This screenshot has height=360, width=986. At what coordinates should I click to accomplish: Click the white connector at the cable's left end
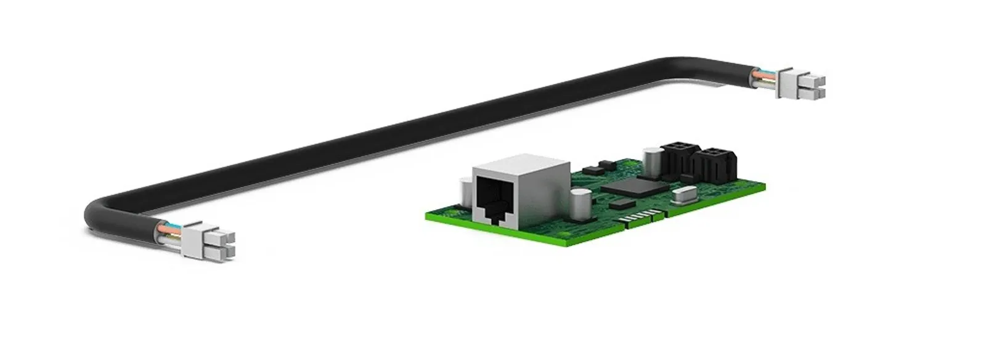click(x=210, y=240)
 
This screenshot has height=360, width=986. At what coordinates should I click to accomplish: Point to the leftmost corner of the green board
click(x=427, y=216)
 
